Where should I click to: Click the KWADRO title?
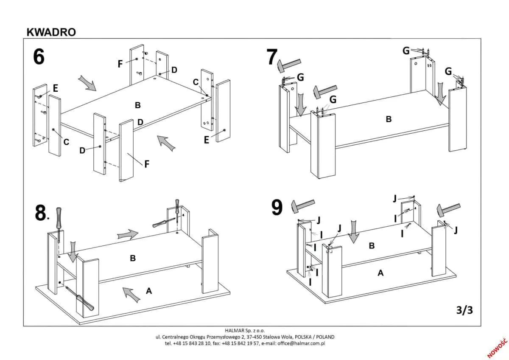pyautogui.click(x=51, y=32)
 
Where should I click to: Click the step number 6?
pyautogui.click(x=39, y=57)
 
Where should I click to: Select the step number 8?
pyautogui.click(x=40, y=214)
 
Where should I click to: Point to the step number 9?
pyautogui.click(x=277, y=208)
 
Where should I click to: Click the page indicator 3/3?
pyautogui.click(x=464, y=310)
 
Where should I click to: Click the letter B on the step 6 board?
pyautogui.click(x=137, y=105)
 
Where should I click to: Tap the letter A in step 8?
pyautogui.click(x=148, y=291)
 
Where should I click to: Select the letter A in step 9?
pyautogui.click(x=380, y=273)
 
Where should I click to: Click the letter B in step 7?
pyautogui.click(x=389, y=119)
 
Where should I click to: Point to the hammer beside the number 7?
pyautogui.click(x=288, y=65)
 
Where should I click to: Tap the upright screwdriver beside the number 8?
pyautogui.click(x=59, y=223)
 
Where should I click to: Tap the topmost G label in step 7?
pyautogui.click(x=406, y=51)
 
